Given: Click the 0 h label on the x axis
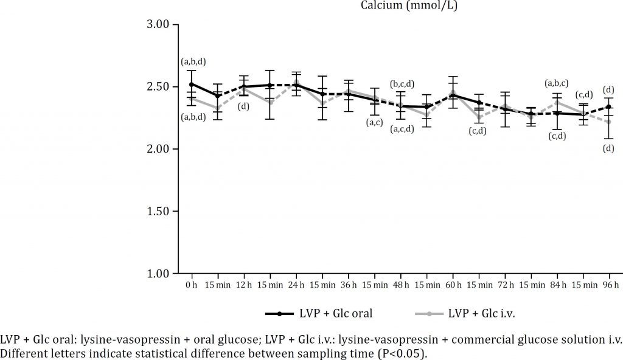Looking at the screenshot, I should tap(192, 285).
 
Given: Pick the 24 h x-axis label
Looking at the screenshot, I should tap(296, 285).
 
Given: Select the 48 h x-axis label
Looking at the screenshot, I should tap(400, 285).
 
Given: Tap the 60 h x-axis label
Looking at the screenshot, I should tap(453, 285).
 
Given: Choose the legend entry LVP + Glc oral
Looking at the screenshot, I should tap(319, 314).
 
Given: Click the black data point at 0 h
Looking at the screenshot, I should tap(192, 84).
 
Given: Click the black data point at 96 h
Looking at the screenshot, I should tap(609, 107).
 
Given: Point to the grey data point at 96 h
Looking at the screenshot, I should tap(609, 122).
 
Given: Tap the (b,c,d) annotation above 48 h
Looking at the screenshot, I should tap(402, 84).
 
